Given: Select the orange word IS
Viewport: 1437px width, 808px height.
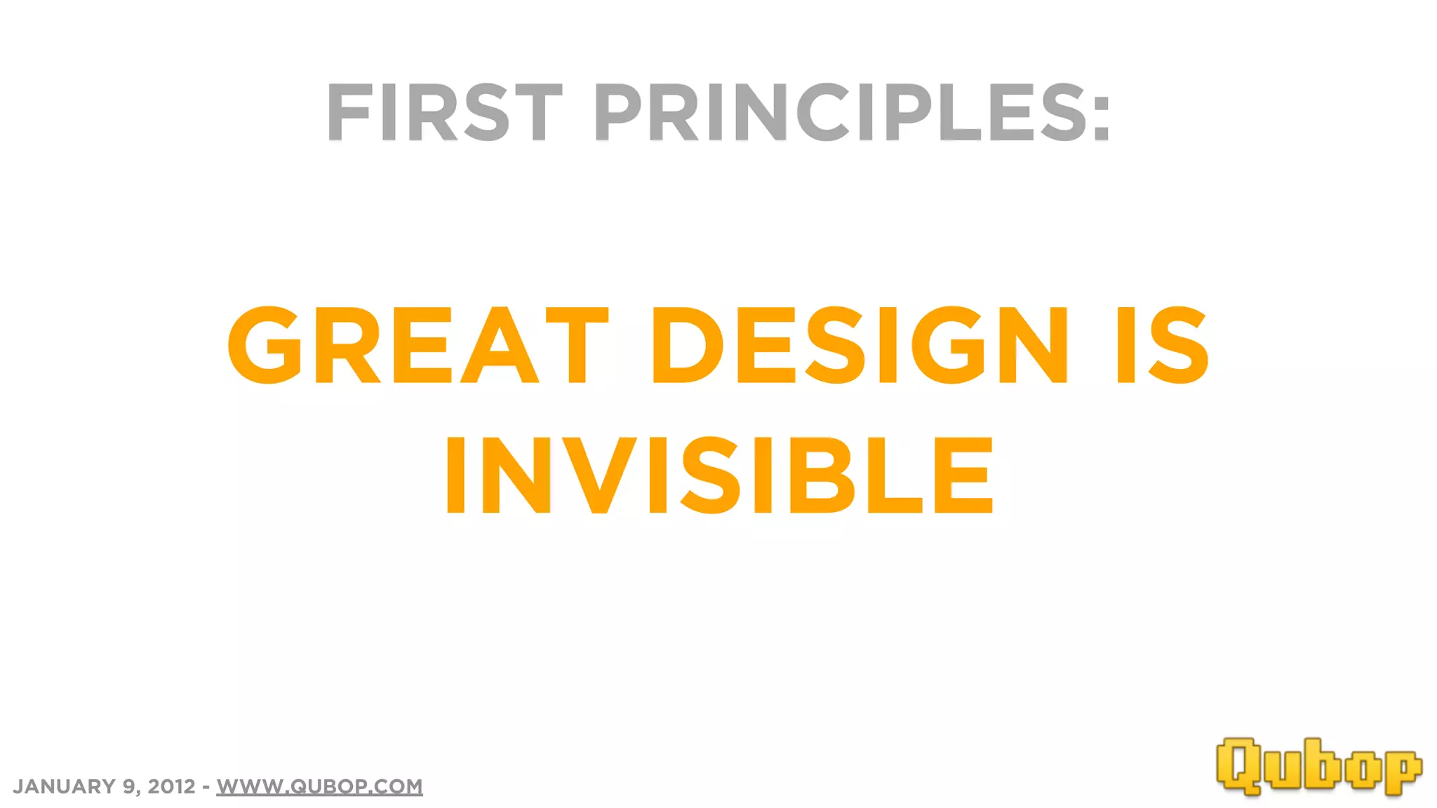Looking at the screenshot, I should (1162, 345).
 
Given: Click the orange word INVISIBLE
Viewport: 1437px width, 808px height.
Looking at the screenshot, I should (719, 475).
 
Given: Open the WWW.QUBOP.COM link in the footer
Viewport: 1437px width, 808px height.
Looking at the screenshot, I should (319, 786).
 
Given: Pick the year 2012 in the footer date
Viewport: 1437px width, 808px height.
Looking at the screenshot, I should (171, 786).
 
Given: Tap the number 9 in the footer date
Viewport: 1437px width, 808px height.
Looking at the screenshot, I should (129, 786).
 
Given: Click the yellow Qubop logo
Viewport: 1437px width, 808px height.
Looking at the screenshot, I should (1318, 767).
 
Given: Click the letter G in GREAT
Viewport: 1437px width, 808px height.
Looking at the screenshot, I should (265, 345).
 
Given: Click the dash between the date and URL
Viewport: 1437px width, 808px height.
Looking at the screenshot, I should (206, 787).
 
